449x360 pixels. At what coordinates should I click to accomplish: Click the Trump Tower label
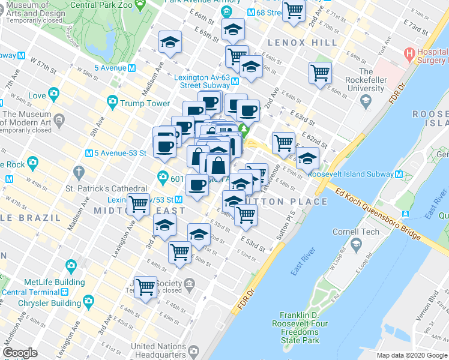(145, 103)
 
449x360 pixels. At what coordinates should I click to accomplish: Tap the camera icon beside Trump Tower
(112, 103)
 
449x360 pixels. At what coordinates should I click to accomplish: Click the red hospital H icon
(411, 53)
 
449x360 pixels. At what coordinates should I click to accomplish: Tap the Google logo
(20, 353)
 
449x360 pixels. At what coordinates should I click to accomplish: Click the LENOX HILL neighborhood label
(295, 43)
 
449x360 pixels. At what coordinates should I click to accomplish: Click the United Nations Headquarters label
(159, 350)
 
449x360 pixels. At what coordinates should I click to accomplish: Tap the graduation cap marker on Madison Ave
(170, 43)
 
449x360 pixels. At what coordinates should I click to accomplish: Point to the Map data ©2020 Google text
(412, 355)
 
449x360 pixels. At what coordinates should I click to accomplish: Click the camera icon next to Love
(54, 94)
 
